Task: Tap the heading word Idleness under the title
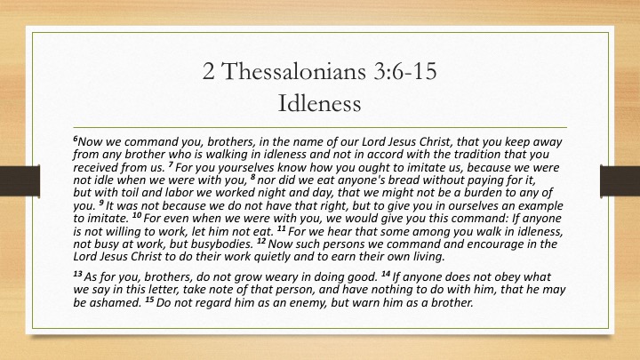click(320, 103)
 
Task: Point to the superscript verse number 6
click(76, 139)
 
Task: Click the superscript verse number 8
click(253, 176)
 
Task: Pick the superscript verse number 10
click(137, 215)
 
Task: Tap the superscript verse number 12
click(261, 240)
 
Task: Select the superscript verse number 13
click(78, 274)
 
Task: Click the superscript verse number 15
click(150, 300)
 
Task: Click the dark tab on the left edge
click(20, 181)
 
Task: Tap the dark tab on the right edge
click(620, 181)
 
